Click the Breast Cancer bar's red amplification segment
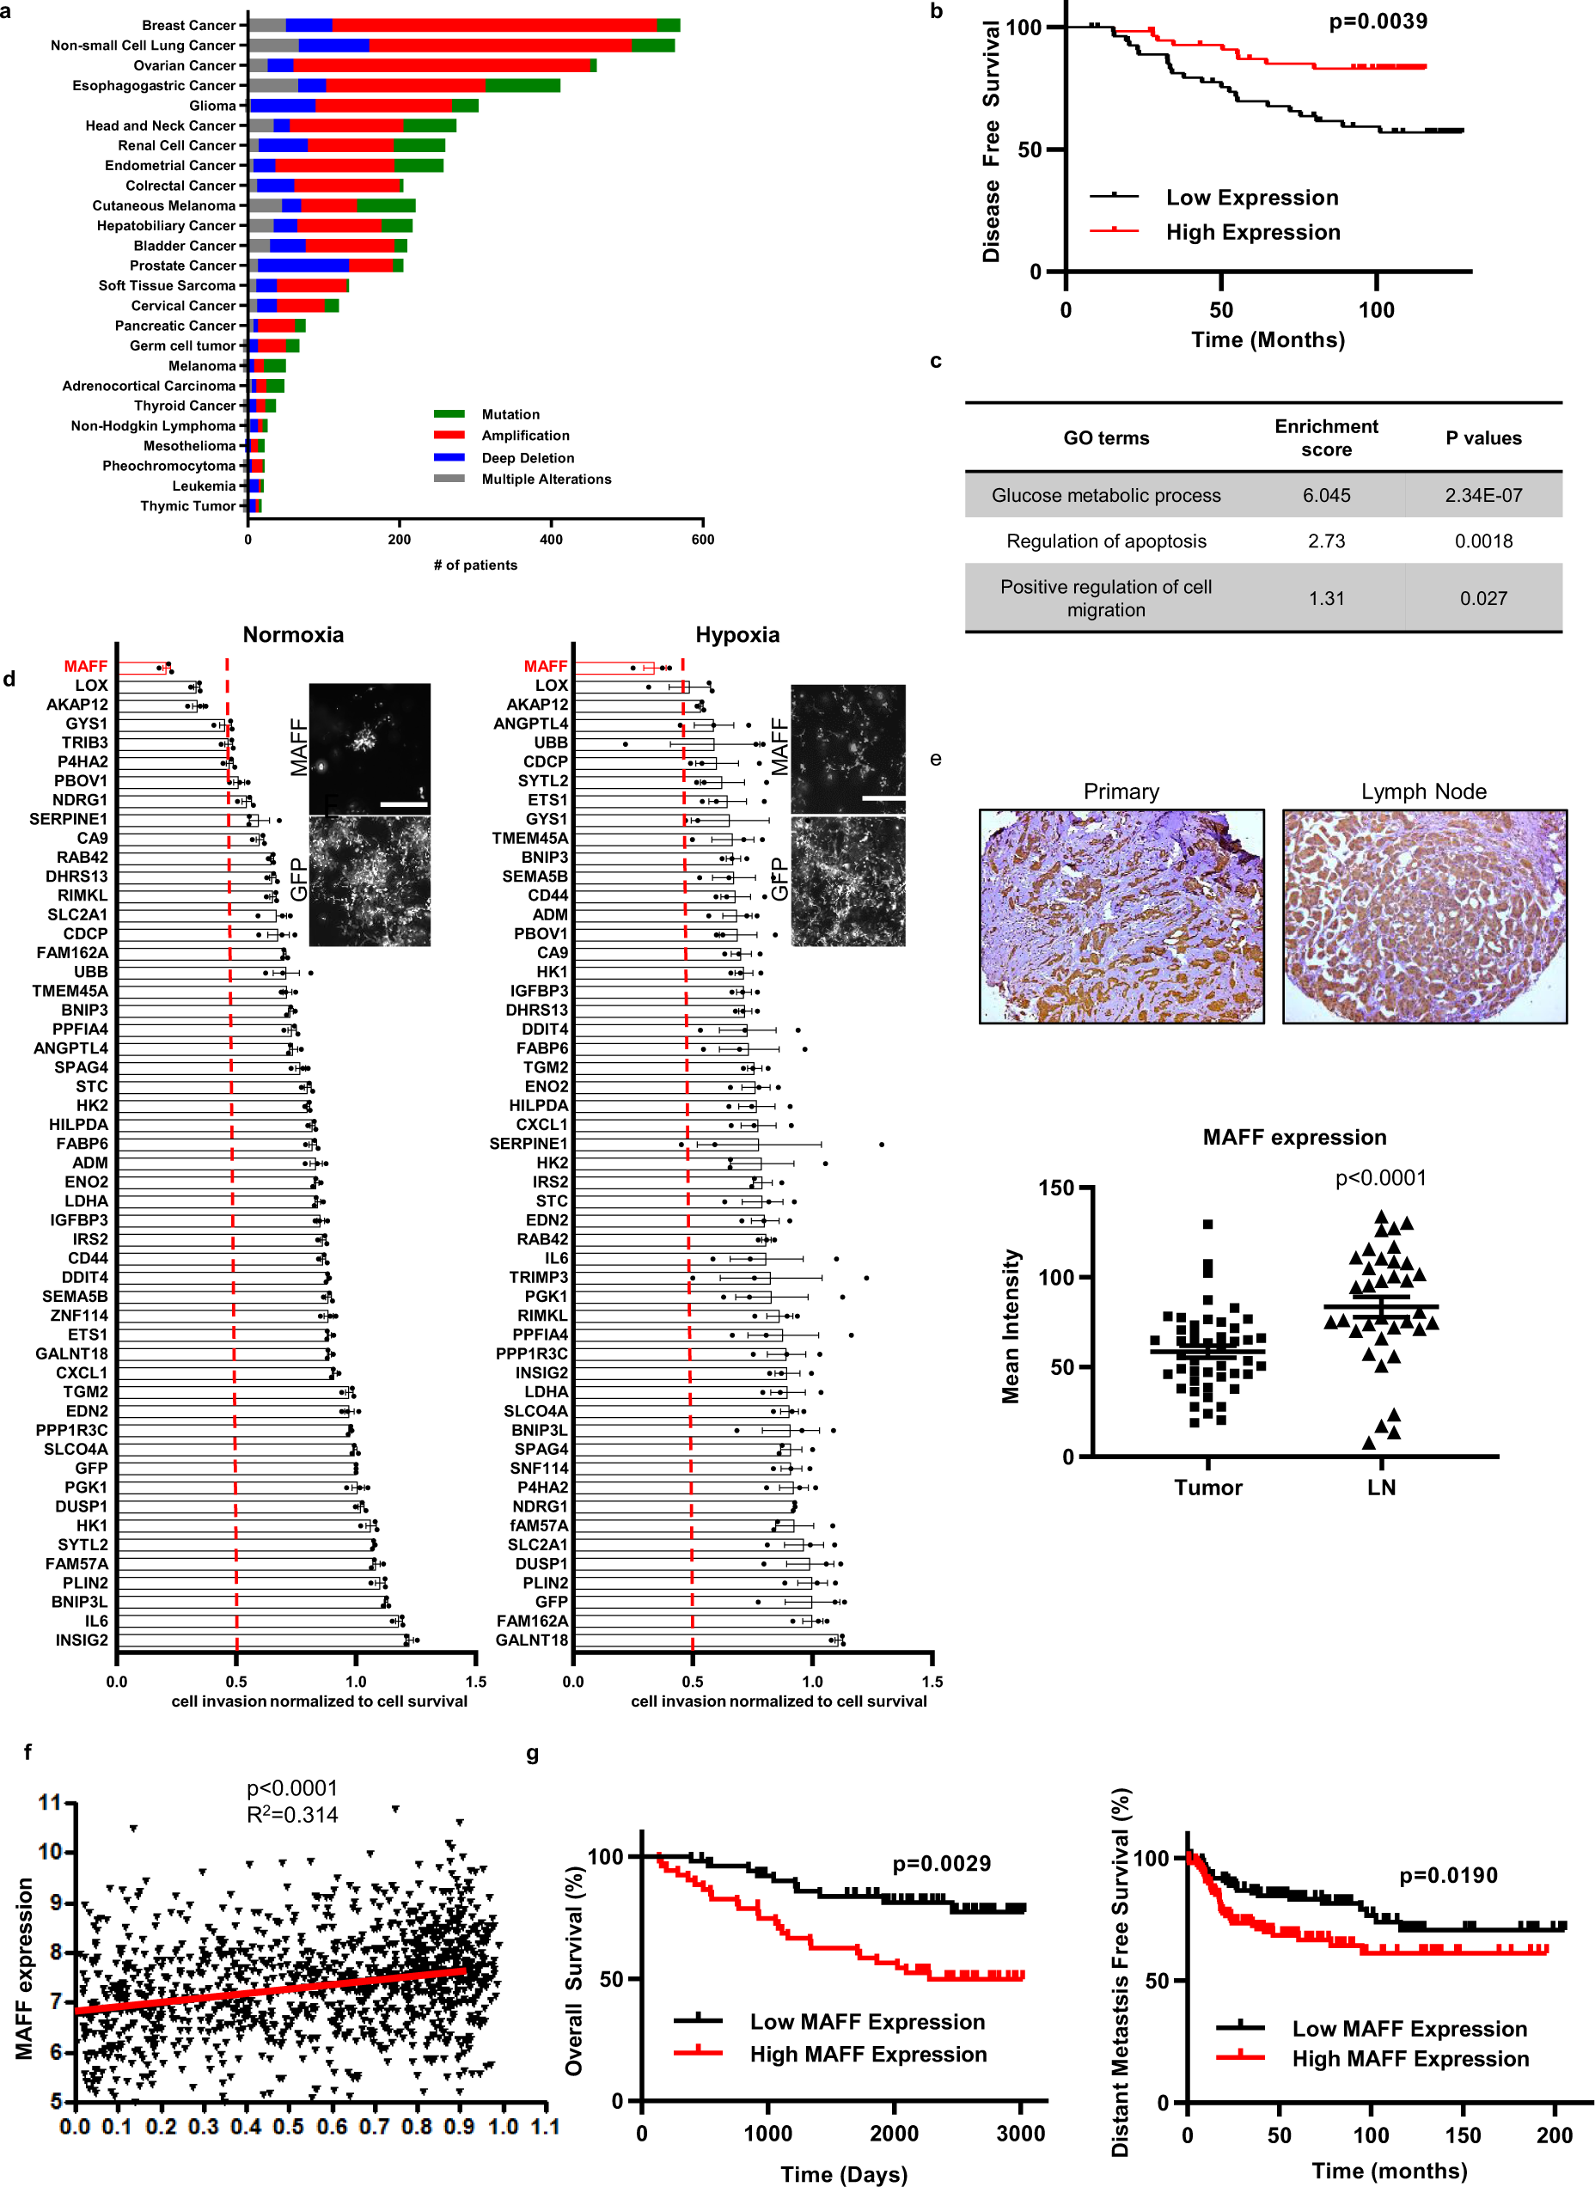(494, 25)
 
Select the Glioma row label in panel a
(212, 105)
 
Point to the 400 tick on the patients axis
(552, 540)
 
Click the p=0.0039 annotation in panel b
(1378, 21)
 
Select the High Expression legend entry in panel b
(1252, 232)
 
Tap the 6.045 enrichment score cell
(1327, 495)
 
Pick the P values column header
(1483, 438)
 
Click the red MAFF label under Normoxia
(86, 666)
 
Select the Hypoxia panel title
(736, 634)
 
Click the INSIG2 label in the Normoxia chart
(82, 1640)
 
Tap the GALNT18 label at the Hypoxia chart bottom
(532, 1640)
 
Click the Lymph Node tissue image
(1424, 915)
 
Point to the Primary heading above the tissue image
(1121, 791)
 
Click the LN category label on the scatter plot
(1381, 1487)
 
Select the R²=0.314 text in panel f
(292, 1814)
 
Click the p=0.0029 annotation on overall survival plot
(941, 1864)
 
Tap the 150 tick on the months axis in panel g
(1463, 2135)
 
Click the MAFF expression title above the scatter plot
(1293, 1138)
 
